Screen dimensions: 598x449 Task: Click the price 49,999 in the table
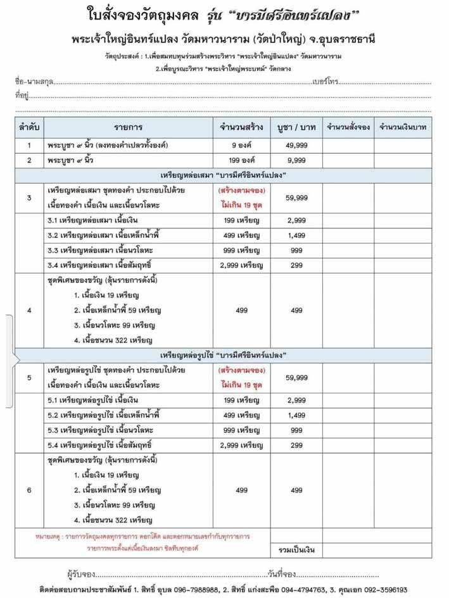296,146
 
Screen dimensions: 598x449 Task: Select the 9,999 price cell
296,160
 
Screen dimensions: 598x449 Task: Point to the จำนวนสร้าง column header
241,127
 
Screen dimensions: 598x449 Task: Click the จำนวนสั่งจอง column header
348,127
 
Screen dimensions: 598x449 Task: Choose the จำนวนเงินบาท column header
402,127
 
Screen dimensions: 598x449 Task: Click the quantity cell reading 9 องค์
241,146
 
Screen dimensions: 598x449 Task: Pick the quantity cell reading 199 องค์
241,160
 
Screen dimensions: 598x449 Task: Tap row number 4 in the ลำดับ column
29,310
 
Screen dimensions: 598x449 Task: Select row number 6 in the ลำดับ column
29,490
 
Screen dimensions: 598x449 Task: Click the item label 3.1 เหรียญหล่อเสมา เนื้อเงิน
92,220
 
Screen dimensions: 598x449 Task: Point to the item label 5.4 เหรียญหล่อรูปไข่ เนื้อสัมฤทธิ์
99,445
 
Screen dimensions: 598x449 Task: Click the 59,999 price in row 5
296,378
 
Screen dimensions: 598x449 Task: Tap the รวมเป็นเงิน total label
296,548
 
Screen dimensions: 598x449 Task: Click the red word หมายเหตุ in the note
47,536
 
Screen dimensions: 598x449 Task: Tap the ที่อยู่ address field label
22,96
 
